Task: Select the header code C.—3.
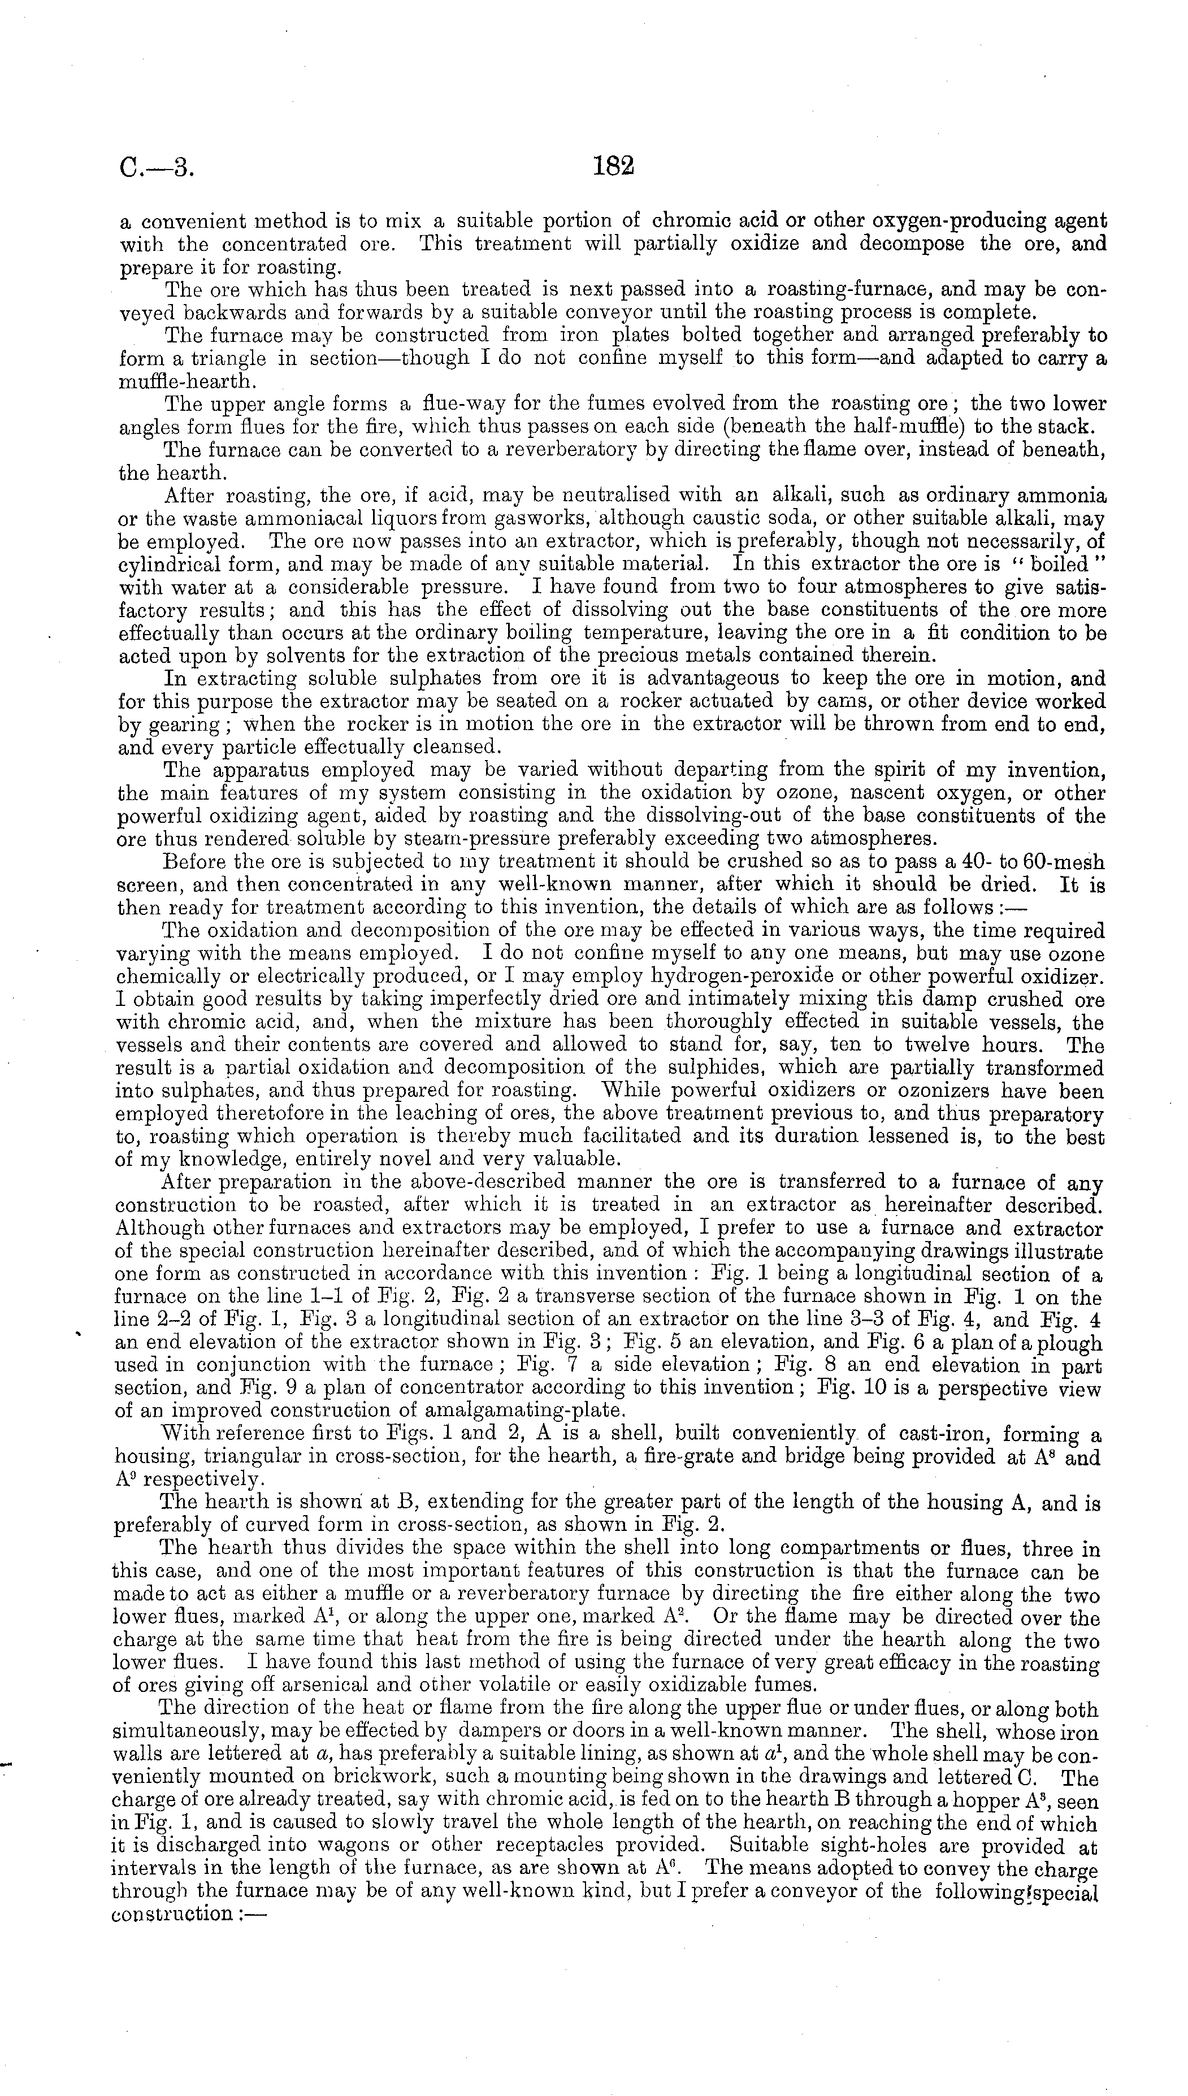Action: pyautogui.click(x=157, y=169)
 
